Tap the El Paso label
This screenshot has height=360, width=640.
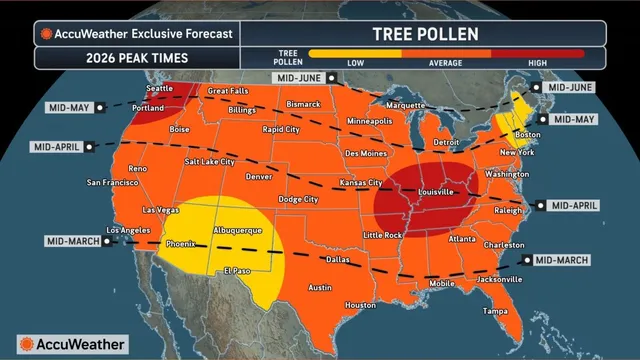tap(237, 270)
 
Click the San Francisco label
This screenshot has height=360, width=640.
tap(116, 183)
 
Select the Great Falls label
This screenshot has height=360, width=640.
tap(228, 91)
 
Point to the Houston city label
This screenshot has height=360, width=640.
tap(361, 305)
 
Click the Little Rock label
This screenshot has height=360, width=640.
tap(383, 234)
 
